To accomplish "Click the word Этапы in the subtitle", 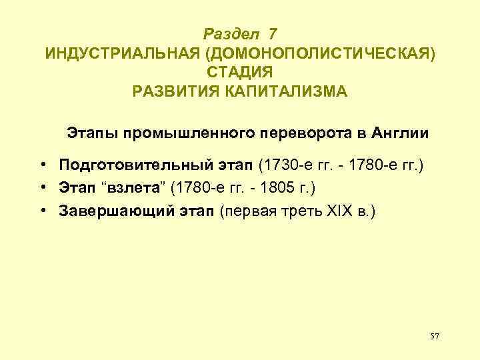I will [90, 133].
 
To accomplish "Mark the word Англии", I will [401, 133].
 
